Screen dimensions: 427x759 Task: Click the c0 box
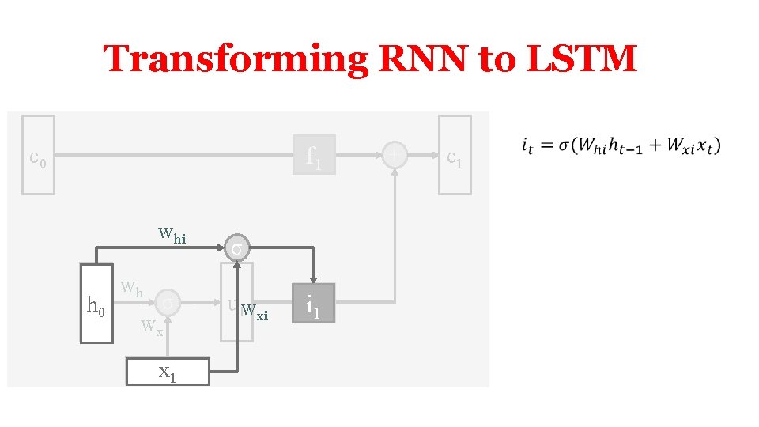tap(38, 155)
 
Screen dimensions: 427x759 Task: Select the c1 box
tap(455, 155)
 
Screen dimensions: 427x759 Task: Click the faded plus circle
tap(394, 155)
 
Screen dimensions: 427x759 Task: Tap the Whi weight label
tap(172, 234)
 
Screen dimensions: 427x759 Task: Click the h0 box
tap(96, 304)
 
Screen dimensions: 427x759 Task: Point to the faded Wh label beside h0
tap(131, 289)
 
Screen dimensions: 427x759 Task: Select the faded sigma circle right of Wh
tap(168, 302)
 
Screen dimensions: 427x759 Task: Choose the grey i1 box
tap(314, 304)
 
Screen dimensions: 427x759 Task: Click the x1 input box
tap(168, 372)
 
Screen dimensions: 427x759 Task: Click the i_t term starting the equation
tap(526, 146)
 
